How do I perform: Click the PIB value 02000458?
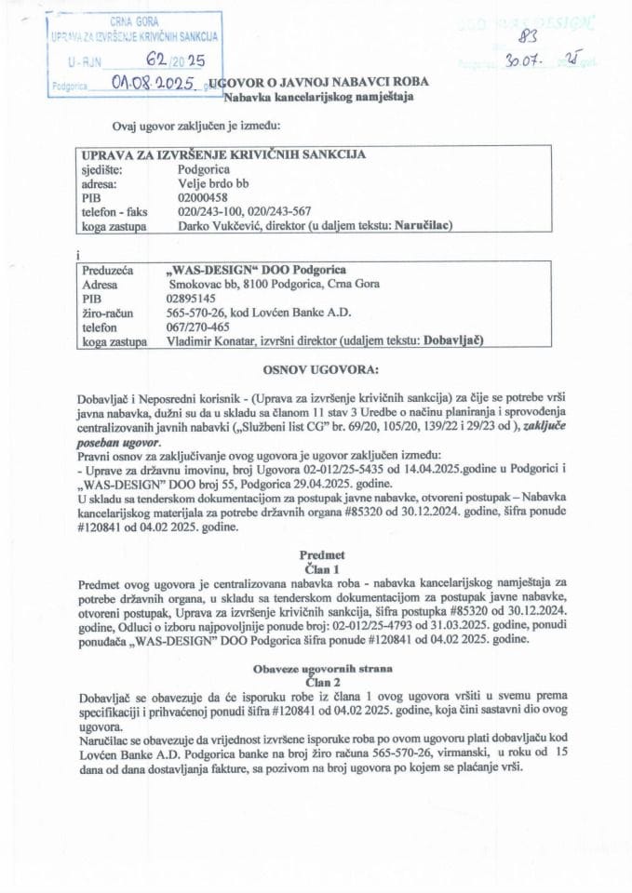pyautogui.click(x=202, y=197)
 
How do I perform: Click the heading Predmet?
pyautogui.click(x=322, y=552)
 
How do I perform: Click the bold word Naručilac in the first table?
pyautogui.click(x=422, y=224)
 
